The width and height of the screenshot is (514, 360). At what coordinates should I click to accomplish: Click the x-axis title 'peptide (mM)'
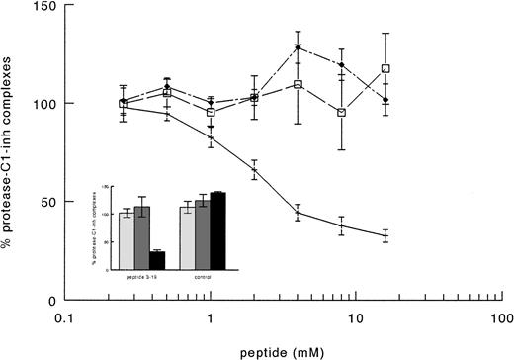[x=283, y=349]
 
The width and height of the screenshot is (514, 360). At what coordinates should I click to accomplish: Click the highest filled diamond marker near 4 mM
[x=298, y=46]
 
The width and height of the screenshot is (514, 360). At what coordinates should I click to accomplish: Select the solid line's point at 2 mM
[x=254, y=170]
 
